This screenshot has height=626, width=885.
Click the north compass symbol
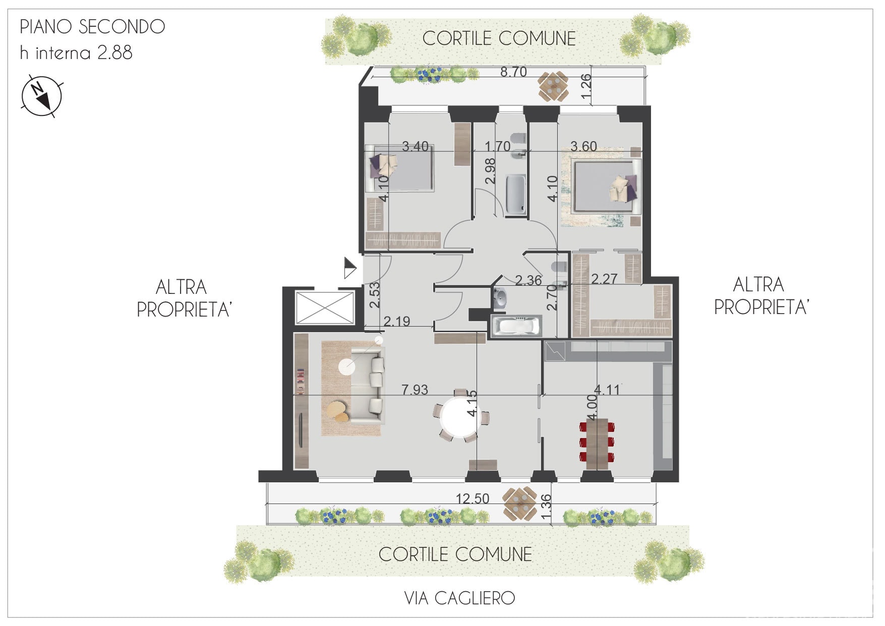click(x=41, y=96)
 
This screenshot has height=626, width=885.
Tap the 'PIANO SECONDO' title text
click(x=92, y=27)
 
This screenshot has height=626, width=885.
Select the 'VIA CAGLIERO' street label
click(x=459, y=598)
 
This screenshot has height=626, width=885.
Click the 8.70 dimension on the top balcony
click(x=513, y=72)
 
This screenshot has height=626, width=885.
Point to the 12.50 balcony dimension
click(x=473, y=498)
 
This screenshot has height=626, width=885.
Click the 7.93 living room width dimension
click(x=415, y=390)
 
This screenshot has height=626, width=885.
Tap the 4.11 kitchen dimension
click(x=607, y=390)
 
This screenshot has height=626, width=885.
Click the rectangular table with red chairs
click(x=597, y=443)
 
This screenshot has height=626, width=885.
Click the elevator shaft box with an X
click(x=325, y=307)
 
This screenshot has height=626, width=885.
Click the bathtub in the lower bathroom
click(x=515, y=326)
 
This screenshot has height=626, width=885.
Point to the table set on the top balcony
click(x=553, y=86)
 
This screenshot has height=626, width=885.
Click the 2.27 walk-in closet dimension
click(x=604, y=279)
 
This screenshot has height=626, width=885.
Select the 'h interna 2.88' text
click(x=76, y=52)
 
